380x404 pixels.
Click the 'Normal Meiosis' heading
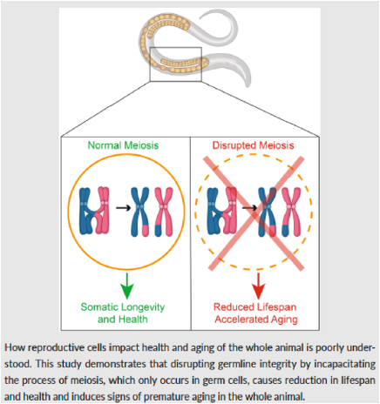pyautogui.click(x=123, y=145)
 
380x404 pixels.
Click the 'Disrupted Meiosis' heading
pyautogui.click(x=253, y=145)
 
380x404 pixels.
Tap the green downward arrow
pyautogui.click(x=126, y=286)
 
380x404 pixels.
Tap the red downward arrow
pyautogui.click(x=258, y=286)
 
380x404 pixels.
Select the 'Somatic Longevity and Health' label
pyautogui.click(x=123, y=313)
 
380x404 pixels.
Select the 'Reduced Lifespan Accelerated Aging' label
pyautogui.click(x=255, y=313)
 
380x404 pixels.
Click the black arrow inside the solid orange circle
pyautogui.click(x=123, y=207)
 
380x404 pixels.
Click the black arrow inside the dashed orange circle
pyautogui.click(x=250, y=207)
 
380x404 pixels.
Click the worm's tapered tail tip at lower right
pyautogui.click(x=248, y=85)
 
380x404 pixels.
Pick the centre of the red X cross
pyautogui.click(x=256, y=213)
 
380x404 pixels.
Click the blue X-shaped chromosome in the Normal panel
pyautogui.click(x=139, y=212)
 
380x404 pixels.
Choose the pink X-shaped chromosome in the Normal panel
pyautogui.click(x=164, y=212)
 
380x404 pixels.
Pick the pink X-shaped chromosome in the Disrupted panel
pyautogui.click(x=291, y=212)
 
